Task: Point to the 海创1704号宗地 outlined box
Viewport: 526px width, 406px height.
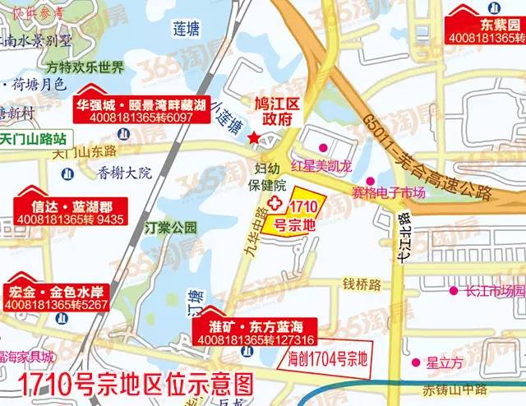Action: (x=327, y=358)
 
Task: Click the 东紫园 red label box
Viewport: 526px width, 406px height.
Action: (x=484, y=30)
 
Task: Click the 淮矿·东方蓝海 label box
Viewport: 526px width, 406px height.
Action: (x=254, y=333)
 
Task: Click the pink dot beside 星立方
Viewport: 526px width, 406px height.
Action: (x=411, y=360)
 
